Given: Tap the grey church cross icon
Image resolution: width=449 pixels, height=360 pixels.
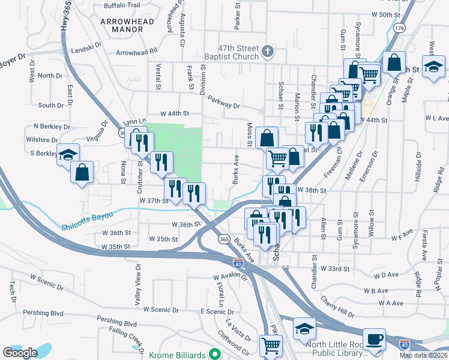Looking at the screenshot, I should [x=268, y=52].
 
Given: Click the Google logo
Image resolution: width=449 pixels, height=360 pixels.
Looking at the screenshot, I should [x=20, y=353].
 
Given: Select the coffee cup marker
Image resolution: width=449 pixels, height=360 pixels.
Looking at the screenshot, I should [x=376, y=339].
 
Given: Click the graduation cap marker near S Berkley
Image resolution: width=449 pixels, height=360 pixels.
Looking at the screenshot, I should [x=68, y=154].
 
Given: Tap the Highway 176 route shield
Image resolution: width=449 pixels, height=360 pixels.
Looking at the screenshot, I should [x=399, y=28].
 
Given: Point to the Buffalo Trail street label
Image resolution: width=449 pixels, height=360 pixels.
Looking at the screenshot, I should [x=122, y=5].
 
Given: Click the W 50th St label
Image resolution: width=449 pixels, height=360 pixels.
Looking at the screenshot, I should [x=385, y=14].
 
